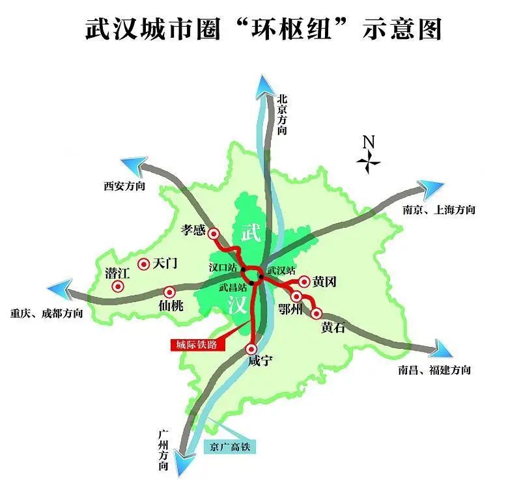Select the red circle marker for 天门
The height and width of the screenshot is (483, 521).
tap(143, 264)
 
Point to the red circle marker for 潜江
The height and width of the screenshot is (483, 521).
tap(118, 286)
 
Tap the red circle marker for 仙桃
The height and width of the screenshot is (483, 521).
tap(169, 292)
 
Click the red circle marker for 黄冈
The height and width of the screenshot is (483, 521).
tap(303, 281)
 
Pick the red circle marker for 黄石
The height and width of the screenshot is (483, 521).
tap(317, 314)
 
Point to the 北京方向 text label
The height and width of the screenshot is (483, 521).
tap(282, 114)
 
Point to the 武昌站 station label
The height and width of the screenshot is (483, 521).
tap(232, 287)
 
